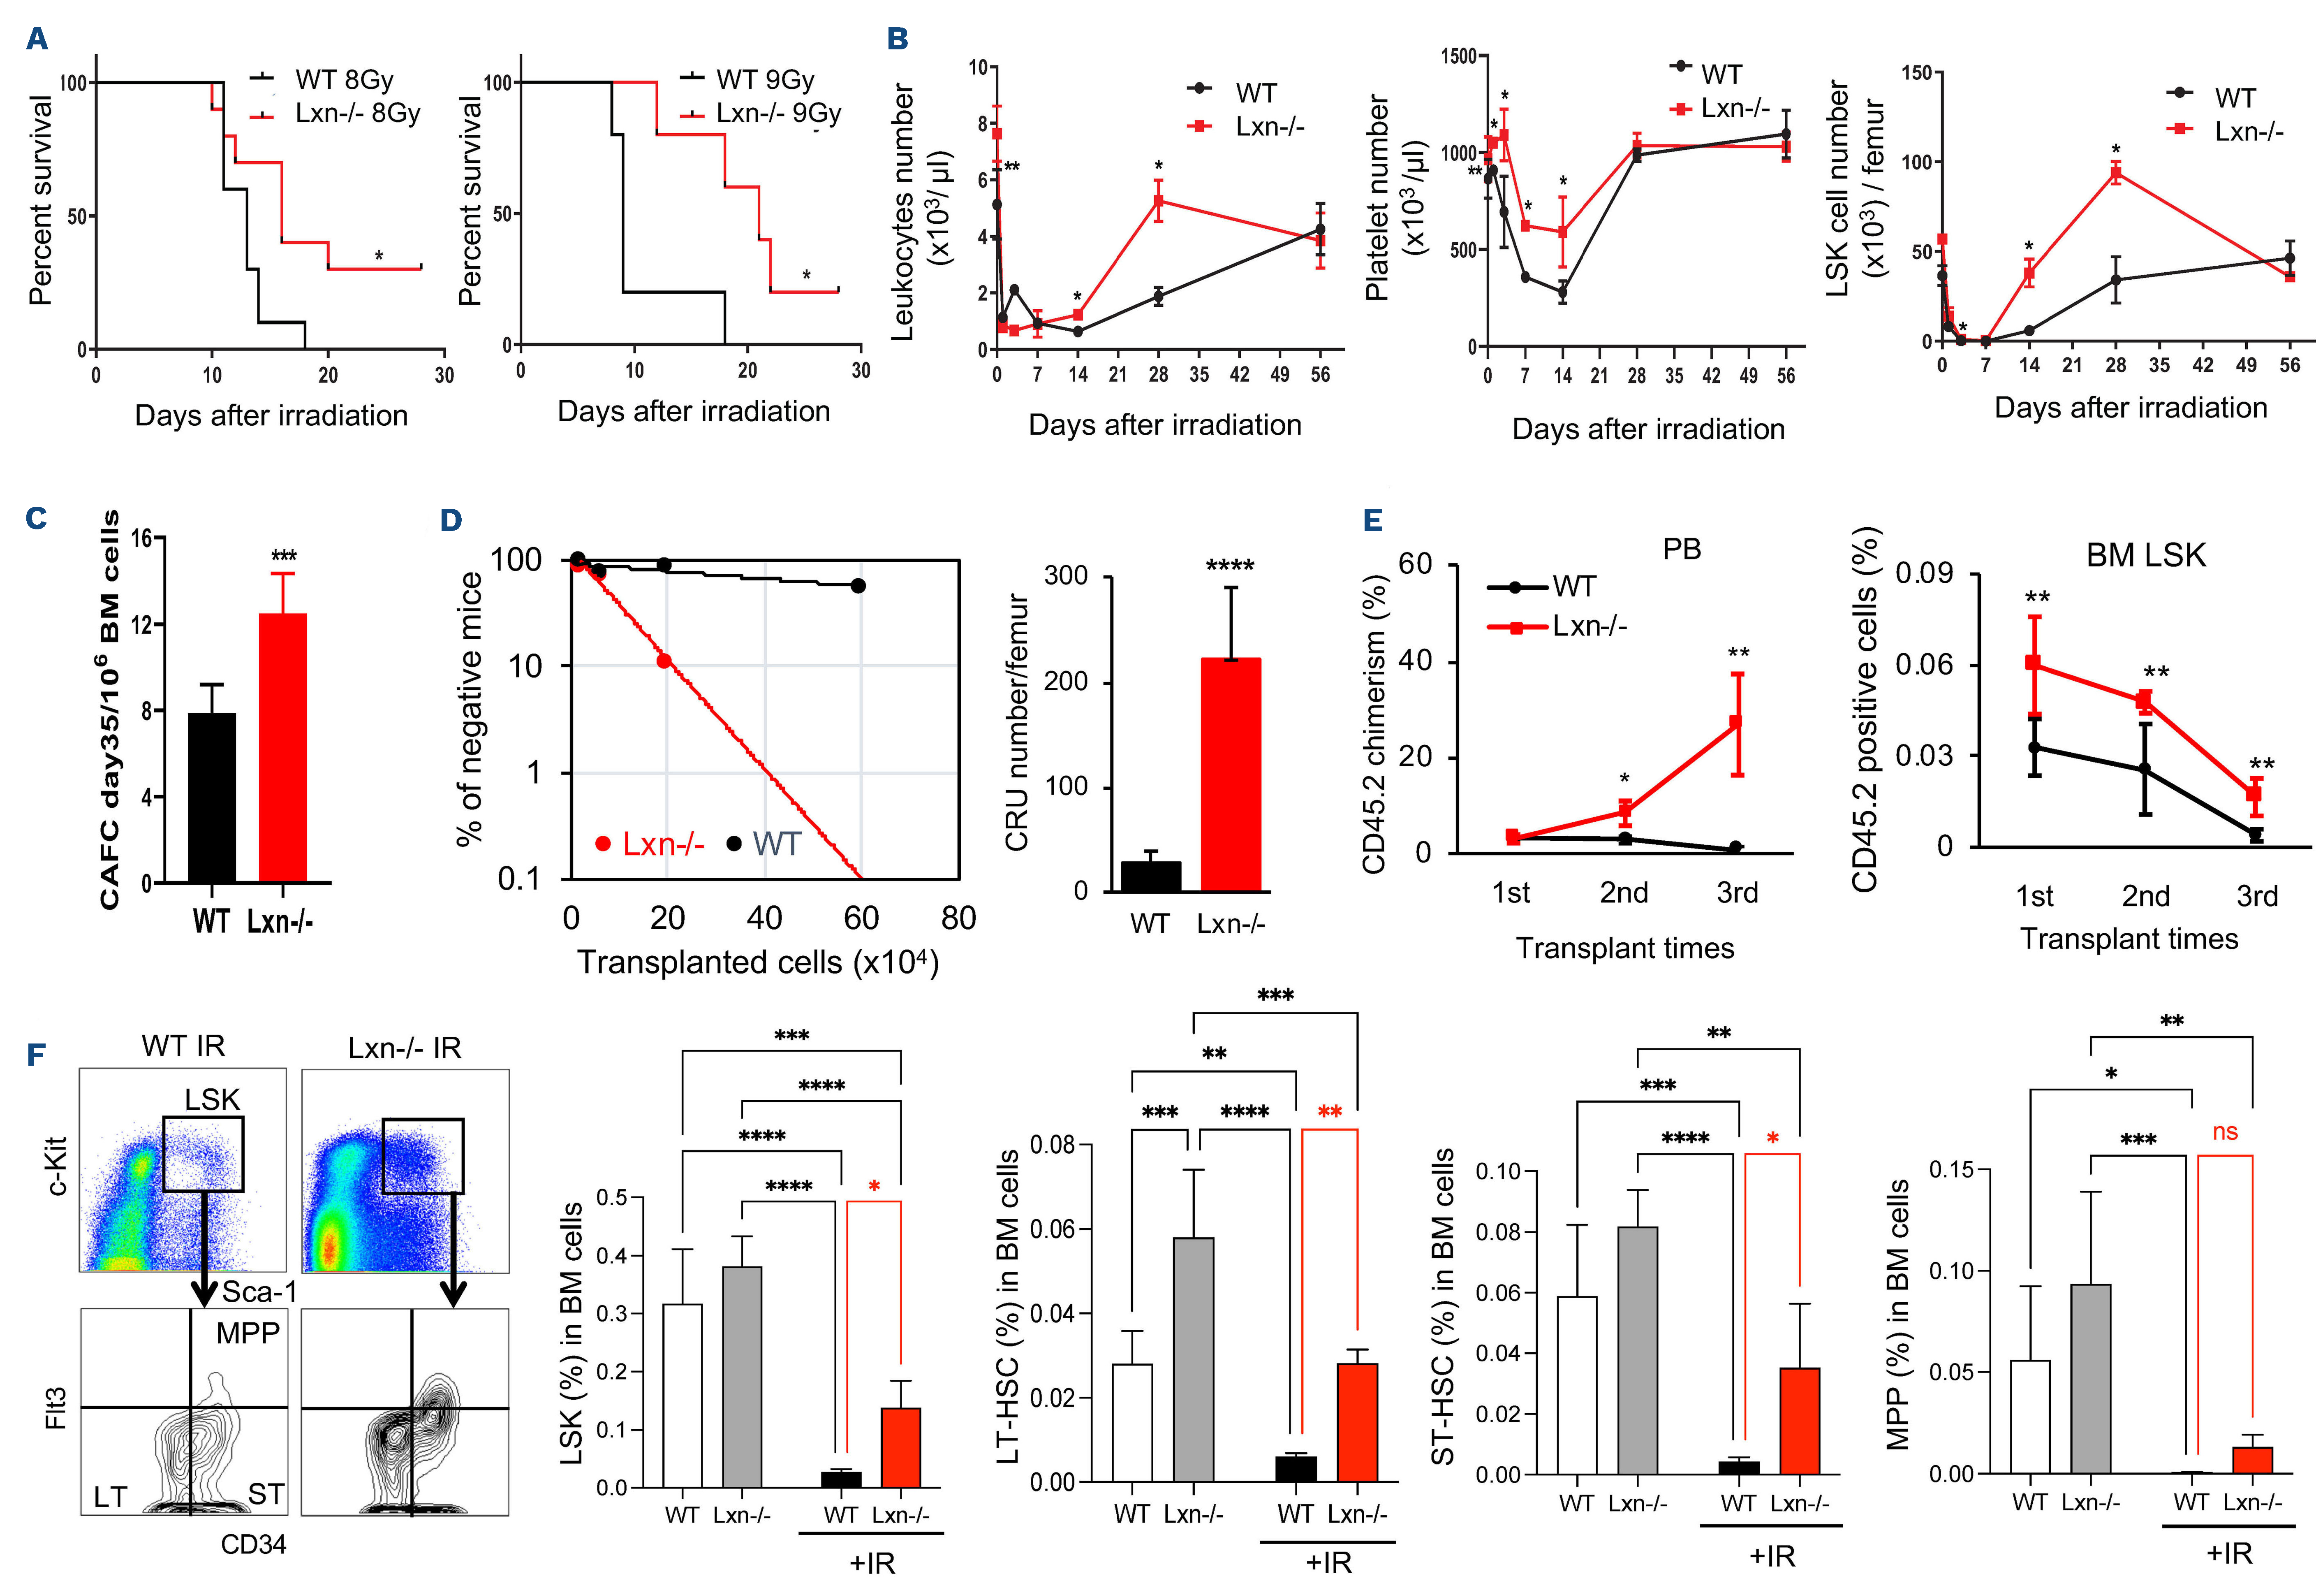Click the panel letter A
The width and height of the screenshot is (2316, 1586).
point(37,39)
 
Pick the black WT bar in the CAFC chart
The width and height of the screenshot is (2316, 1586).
point(211,798)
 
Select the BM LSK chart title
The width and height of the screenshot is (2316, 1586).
point(2146,555)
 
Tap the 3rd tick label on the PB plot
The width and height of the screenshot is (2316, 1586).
point(1737,892)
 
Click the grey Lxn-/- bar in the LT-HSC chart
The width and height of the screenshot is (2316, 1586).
point(1193,1359)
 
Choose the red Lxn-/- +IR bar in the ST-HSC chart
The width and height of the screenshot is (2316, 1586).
point(1800,1421)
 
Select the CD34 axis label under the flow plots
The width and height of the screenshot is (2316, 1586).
point(253,1544)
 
